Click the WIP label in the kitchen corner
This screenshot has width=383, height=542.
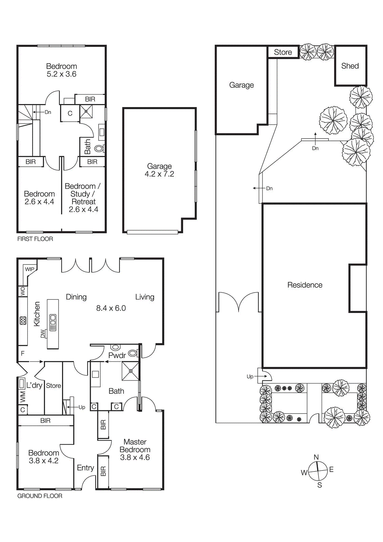coord(29,269)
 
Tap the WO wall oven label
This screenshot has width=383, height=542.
coord(23,291)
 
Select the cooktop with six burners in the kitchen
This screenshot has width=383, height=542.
coord(23,320)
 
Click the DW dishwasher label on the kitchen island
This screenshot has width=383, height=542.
coord(43,334)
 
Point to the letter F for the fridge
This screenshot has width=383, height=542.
coord(23,353)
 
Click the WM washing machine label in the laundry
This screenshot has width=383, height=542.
coord(23,397)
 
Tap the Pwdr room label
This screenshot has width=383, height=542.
coord(117,355)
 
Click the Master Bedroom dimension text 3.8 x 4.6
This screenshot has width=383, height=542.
coord(135,458)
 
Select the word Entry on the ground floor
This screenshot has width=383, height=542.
coord(85,468)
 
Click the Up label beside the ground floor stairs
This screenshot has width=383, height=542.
coord(82,407)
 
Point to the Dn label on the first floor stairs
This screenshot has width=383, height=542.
coord(48,112)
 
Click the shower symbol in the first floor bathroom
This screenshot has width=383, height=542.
coord(86,111)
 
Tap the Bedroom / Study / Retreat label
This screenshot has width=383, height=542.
coord(83,194)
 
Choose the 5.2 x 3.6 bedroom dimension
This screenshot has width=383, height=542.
coord(61,74)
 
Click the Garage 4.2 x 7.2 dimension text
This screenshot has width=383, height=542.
coord(159,174)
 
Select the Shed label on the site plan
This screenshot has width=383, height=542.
coord(350,66)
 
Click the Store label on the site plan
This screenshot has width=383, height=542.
coord(283,52)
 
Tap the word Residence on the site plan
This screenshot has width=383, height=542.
coord(305,285)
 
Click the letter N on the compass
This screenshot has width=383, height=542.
coord(316,457)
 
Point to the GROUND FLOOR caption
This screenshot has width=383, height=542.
coord(40,496)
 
